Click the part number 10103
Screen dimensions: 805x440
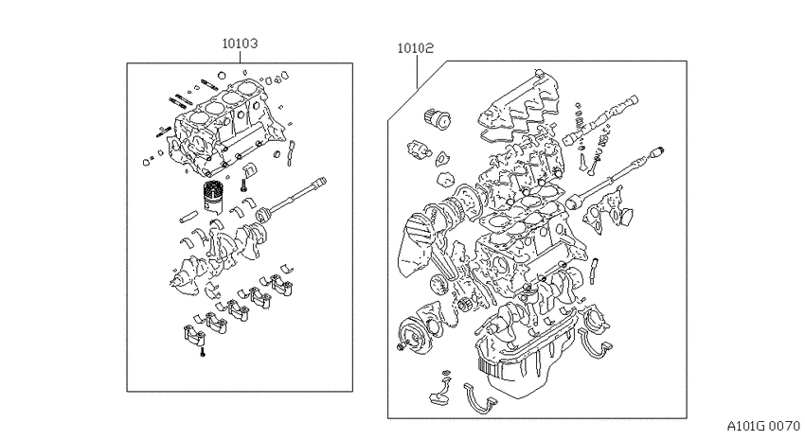pos(240,44)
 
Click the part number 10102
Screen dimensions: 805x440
pos(416,48)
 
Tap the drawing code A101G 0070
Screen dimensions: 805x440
pos(763,426)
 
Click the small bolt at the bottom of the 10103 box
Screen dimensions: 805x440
pos(203,351)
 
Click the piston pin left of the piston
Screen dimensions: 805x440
pos(188,217)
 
